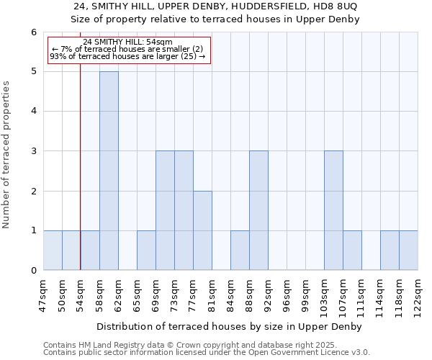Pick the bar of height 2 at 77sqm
202,230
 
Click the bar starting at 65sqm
146,250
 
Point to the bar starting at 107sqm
352,250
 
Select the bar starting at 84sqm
240,250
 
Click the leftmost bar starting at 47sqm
53,250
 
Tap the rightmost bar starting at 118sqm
408,250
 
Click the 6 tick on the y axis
33,32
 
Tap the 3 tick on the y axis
33,151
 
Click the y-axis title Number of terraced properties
7,155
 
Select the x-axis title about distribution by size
230,326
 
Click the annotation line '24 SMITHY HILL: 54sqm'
127,42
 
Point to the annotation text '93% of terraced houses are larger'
127,56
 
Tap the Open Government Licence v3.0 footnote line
207,353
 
